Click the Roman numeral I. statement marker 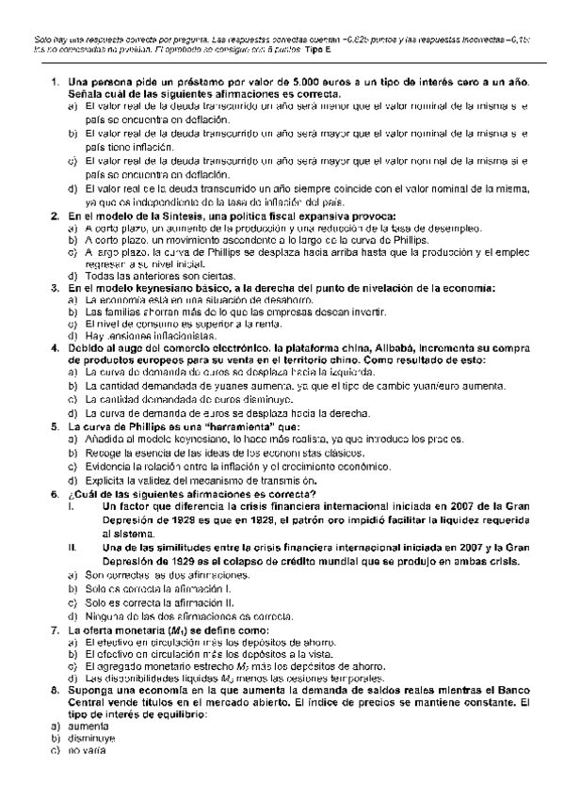coord(72,508)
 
